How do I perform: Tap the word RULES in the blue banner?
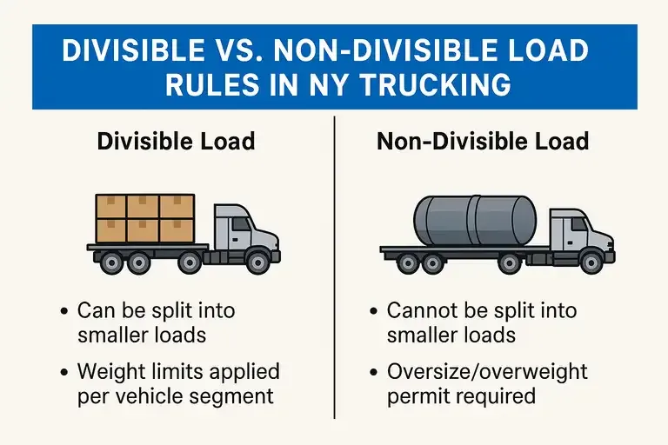tap(204, 87)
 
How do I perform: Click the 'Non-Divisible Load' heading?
tap(483, 141)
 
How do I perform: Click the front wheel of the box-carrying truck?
tap(257, 260)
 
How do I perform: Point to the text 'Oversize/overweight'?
tap(487, 372)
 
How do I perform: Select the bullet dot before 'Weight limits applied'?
tap(65, 373)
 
